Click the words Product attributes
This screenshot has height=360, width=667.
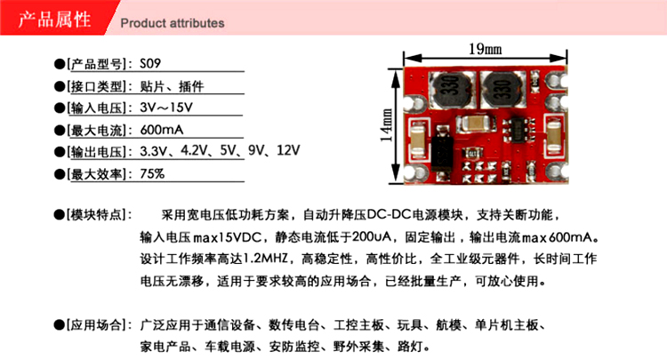click(x=172, y=23)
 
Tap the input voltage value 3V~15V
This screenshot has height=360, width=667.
click(x=166, y=108)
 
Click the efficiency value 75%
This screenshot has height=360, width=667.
click(x=152, y=173)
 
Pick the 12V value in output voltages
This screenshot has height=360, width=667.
click(x=289, y=151)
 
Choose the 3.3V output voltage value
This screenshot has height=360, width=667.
click(x=155, y=151)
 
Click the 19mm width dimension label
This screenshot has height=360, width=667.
click(x=485, y=47)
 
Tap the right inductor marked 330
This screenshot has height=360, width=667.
click(x=500, y=88)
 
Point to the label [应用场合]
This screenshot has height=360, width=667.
click(x=98, y=324)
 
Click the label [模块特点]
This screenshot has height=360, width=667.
click(x=98, y=216)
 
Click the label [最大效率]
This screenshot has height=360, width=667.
click(x=98, y=173)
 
